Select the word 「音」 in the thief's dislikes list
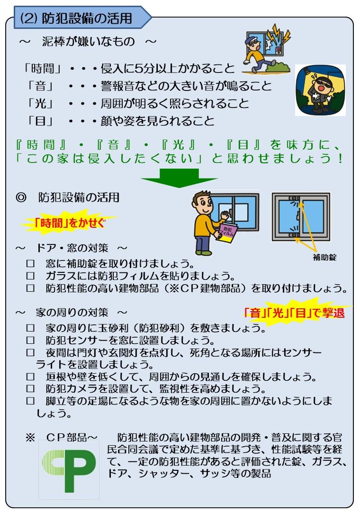pyautogui.click(x=41, y=86)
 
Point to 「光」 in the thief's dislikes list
pyautogui.click(x=41, y=103)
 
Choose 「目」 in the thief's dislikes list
pyautogui.click(x=41, y=121)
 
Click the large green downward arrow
pyautogui.click(x=180, y=178)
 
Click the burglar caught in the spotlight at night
pyautogui.click(x=320, y=90)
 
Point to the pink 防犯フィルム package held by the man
pyautogui.click(x=227, y=233)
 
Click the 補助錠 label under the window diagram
pyautogui.click(x=324, y=257)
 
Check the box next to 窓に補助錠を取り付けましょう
pyautogui.click(x=31, y=263)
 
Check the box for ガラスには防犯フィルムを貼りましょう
pyautogui.click(x=31, y=276)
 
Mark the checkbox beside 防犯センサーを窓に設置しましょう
pyautogui.click(x=31, y=340)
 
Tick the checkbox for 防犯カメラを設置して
pyautogui.click(x=31, y=388)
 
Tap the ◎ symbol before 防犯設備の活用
pyautogui.click(x=21, y=198)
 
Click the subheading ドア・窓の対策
pyautogui.click(x=72, y=248)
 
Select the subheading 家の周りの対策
pyautogui.click(x=72, y=312)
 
